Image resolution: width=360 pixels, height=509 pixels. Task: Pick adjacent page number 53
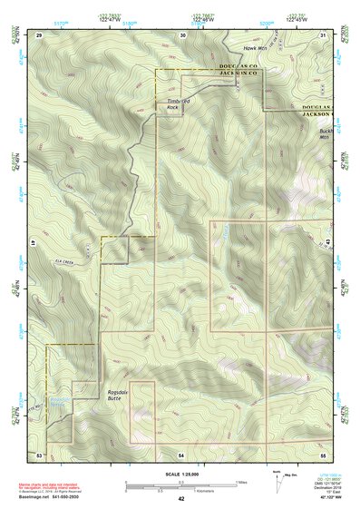[x=39, y=453]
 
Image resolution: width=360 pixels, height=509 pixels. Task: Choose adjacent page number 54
[x=180, y=453]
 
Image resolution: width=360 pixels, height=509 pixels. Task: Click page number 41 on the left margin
[x=33, y=243]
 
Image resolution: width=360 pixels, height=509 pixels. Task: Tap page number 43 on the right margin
[x=327, y=241]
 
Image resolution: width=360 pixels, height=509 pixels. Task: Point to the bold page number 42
[x=181, y=498]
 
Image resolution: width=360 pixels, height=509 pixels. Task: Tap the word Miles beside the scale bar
[x=240, y=480]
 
